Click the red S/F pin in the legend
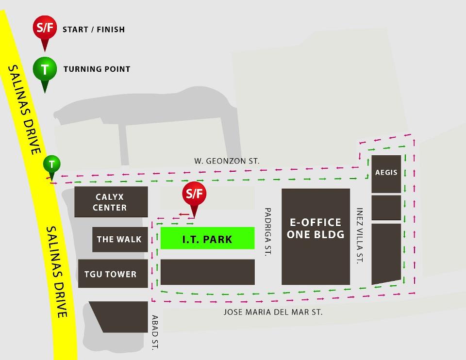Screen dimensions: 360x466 [44, 28]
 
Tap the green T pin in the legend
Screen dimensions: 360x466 [45, 69]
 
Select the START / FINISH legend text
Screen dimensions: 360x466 [94, 30]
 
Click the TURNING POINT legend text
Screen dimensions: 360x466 [97, 69]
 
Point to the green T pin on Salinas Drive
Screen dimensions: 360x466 [51, 164]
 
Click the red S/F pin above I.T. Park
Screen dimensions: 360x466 [194, 195]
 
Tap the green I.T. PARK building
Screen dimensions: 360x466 [207, 238]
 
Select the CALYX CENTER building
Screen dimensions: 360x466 [111, 202]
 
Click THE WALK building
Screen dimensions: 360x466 [119, 239]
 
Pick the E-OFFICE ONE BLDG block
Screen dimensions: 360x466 [316, 236]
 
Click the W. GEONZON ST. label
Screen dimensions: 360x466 [227, 161]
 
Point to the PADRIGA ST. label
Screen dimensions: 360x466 [267, 232]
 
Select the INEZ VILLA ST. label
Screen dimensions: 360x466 [360, 236]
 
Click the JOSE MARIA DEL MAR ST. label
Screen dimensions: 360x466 [273, 312]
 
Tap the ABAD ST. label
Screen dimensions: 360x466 [155, 332]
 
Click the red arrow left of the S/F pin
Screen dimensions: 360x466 [183, 213]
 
